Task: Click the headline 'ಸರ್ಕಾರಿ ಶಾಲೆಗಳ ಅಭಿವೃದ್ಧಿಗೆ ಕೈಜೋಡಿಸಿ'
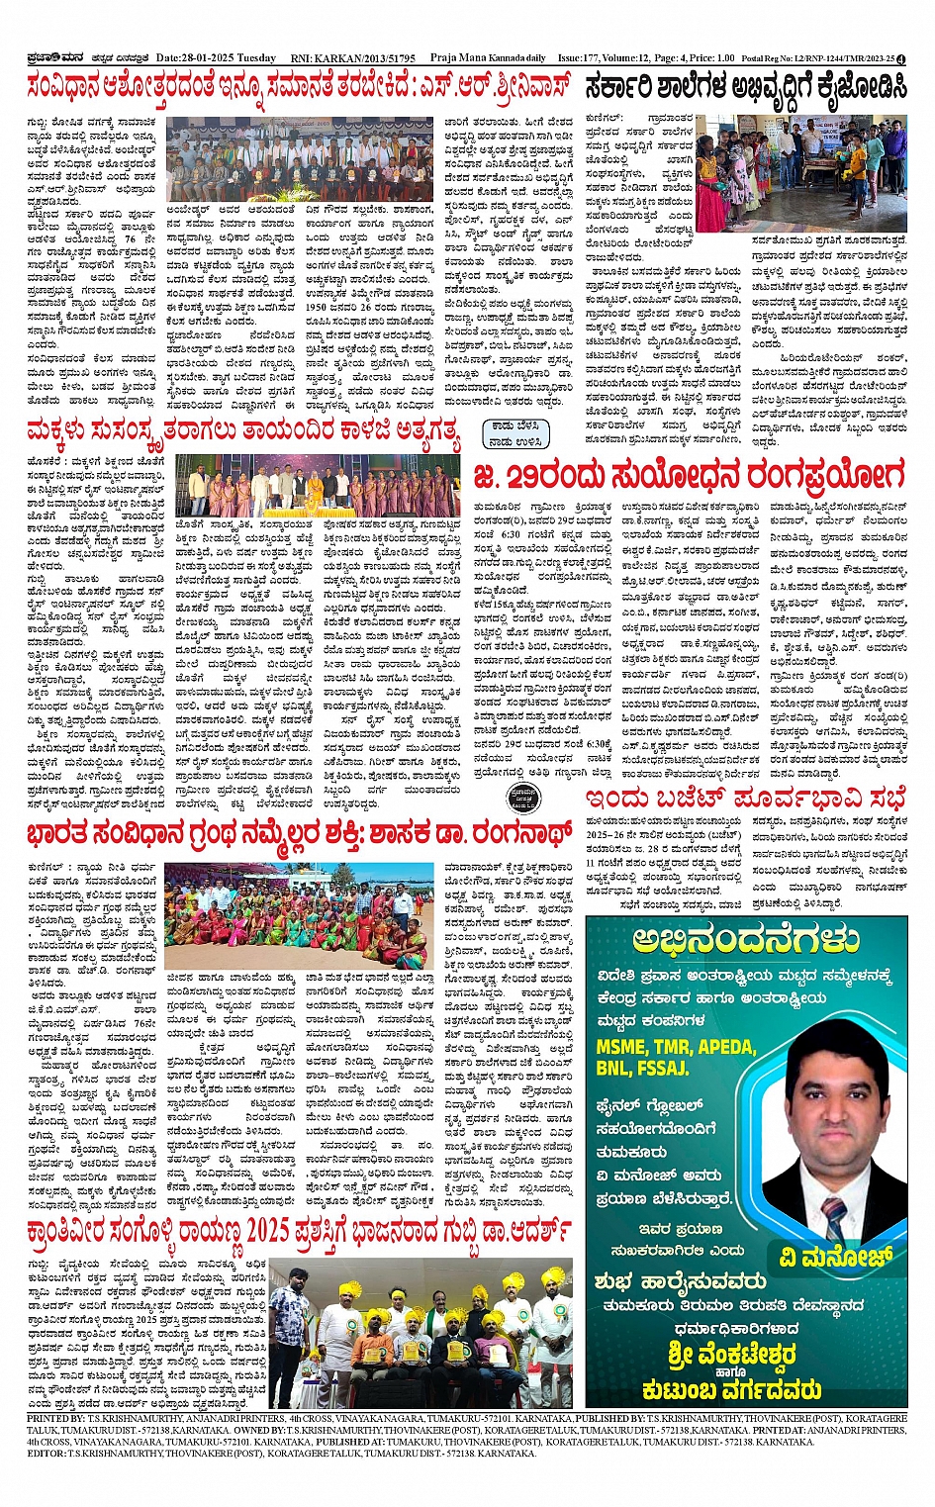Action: point(745,87)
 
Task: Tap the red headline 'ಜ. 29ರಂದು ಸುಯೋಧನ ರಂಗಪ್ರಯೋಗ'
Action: point(689,475)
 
